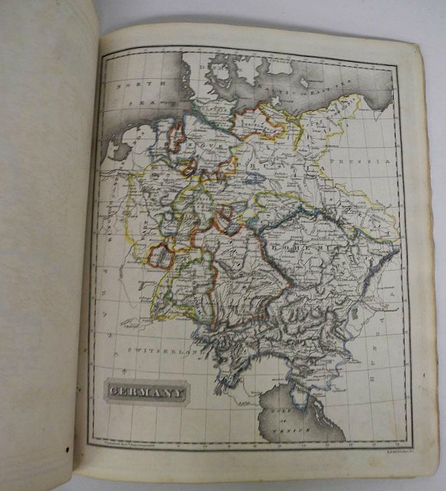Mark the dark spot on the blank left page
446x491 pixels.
click(x=67, y=449)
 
